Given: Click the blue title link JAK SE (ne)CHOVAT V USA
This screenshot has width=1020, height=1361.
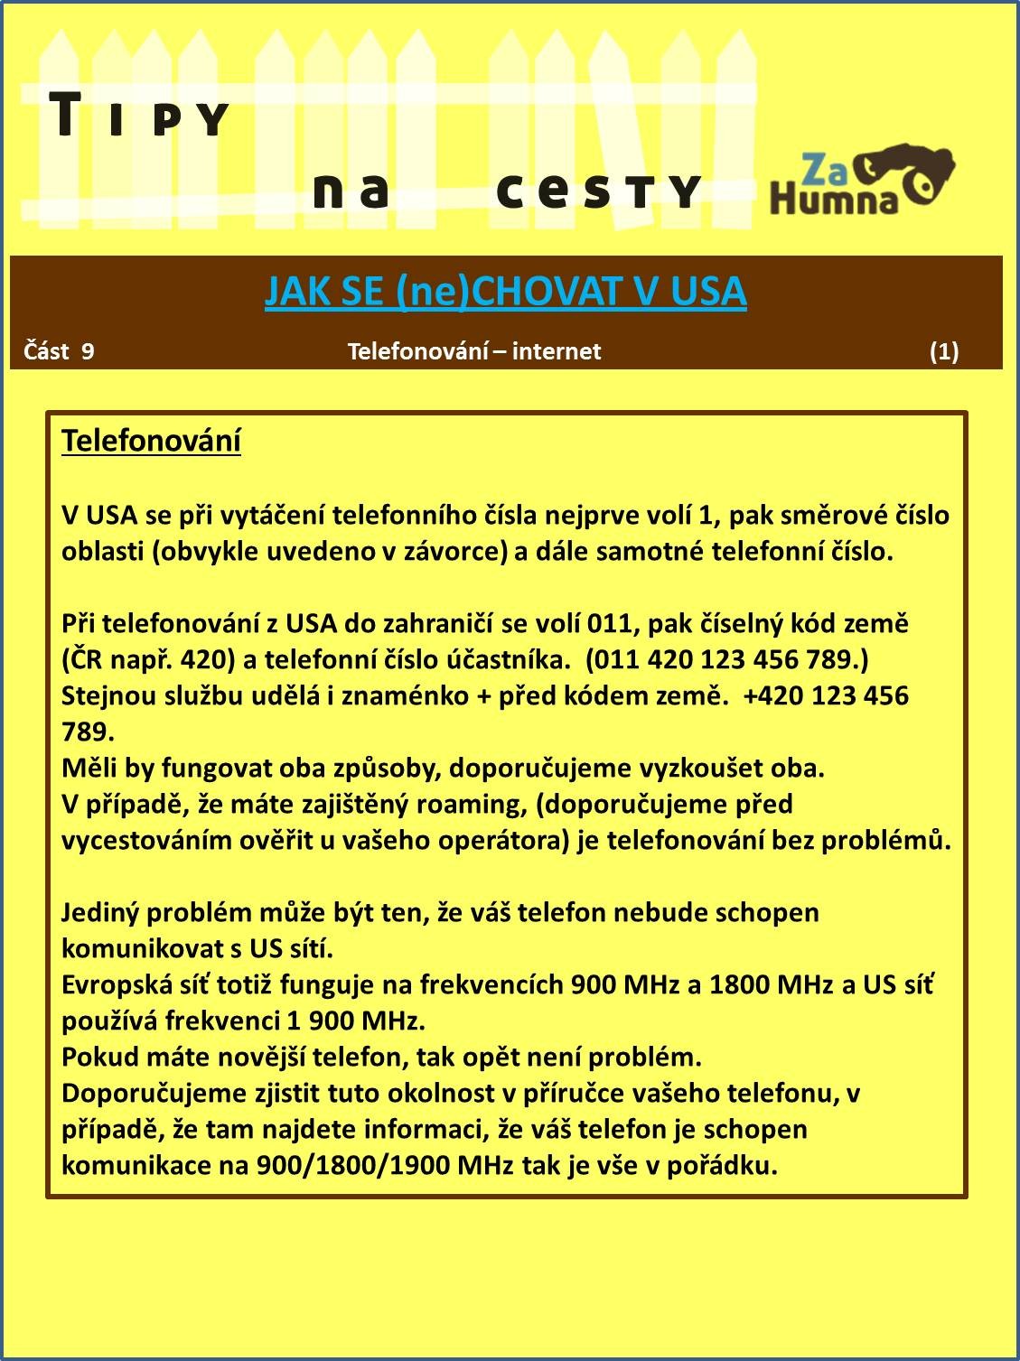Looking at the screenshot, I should [x=505, y=292].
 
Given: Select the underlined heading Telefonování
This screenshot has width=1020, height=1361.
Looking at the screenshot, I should [x=151, y=441].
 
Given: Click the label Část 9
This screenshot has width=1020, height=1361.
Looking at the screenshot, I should [x=59, y=351].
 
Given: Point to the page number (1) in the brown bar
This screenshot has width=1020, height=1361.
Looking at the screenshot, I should [x=944, y=351].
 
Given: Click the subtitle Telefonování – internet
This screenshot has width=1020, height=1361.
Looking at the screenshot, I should [x=474, y=351].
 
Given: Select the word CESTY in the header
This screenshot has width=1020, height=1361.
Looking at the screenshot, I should [x=597, y=191].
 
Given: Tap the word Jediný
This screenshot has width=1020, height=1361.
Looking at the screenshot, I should [x=100, y=912].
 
